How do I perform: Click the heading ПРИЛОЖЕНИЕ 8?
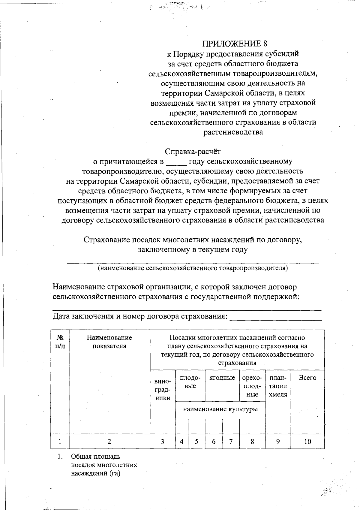coord(234,44)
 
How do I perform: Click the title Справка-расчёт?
coord(193,152)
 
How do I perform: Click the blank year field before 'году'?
coord(176,162)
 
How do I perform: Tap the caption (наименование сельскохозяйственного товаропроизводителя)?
coord(193,268)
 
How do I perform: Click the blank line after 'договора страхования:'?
coord(275,317)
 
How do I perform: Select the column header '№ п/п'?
coord(60,342)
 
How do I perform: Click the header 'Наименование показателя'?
coord(109,342)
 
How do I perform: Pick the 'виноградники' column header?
coord(162,390)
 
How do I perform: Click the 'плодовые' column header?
coord(190,382)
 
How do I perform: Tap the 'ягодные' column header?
coord(222,378)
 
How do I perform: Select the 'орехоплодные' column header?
coord(252,386)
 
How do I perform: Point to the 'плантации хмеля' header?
coord(278,386)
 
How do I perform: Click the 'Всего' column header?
coord(307,378)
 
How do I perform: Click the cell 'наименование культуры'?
coord(220,409)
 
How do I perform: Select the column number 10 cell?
coord(307,442)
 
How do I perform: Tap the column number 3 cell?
coord(162,442)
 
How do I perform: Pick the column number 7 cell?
coord(231,442)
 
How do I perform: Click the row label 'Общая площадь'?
coord(95,457)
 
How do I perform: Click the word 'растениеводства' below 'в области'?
coord(233,132)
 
